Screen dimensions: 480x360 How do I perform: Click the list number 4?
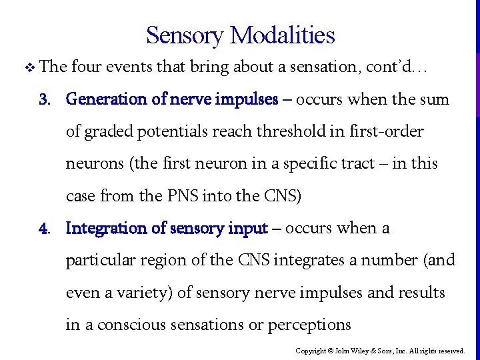(x=44, y=229)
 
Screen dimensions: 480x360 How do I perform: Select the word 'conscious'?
(x=145, y=325)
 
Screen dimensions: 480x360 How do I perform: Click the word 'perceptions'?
(x=309, y=325)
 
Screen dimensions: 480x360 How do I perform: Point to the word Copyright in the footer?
(x=310, y=351)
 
